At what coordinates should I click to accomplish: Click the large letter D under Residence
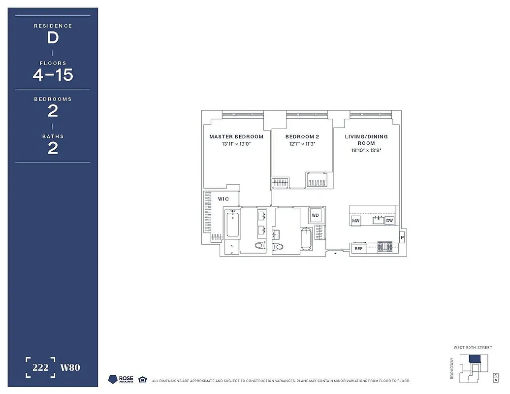[53, 38]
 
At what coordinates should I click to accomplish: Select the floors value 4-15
[53, 75]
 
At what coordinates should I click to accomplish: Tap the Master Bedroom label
[236, 136]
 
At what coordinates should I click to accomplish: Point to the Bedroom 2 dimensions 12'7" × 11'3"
[302, 144]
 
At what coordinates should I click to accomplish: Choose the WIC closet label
[223, 199]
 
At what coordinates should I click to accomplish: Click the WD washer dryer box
[316, 215]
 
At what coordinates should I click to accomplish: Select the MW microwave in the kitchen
[356, 221]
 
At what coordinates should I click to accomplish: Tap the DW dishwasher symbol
[389, 221]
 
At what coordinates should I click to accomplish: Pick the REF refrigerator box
[358, 249]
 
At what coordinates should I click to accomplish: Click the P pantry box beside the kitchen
[402, 237]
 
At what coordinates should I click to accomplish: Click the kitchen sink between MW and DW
[378, 220]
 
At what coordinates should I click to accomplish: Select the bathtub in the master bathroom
[232, 224]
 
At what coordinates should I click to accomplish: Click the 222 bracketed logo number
[41, 367]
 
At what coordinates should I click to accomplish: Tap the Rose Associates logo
[121, 379]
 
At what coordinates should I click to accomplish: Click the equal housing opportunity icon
[142, 379]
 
